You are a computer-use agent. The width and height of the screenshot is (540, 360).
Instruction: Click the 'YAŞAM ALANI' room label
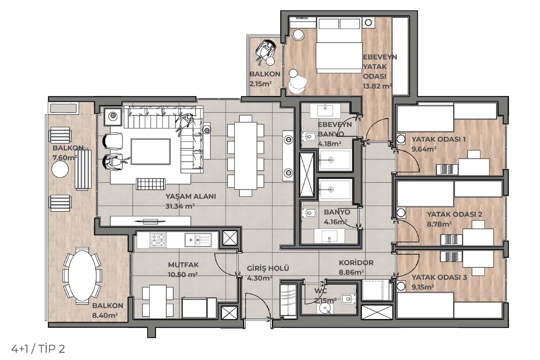[x=190, y=196]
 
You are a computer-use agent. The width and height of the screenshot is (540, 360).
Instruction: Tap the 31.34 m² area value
[x=180, y=206]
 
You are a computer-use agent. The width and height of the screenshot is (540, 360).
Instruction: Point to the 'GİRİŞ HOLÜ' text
[x=268, y=268]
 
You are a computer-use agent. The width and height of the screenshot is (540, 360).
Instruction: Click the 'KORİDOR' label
[x=356, y=262]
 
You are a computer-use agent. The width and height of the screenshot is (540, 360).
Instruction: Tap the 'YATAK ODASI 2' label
[x=454, y=214]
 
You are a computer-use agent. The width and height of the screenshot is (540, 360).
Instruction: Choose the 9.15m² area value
[x=423, y=287]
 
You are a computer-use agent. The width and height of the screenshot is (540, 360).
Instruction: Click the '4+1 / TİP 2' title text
[x=38, y=349]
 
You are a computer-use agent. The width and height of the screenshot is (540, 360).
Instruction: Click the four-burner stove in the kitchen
[x=158, y=240]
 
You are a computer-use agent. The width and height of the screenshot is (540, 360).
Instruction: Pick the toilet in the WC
[x=348, y=299]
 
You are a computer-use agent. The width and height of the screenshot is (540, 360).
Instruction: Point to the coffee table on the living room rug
[x=151, y=151]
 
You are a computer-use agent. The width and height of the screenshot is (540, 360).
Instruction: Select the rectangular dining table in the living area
[x=246, y=156]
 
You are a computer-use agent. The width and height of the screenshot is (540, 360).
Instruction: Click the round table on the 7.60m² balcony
[x=60, y=169]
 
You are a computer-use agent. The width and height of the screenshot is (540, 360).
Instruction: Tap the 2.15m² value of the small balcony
[x=261, y=84]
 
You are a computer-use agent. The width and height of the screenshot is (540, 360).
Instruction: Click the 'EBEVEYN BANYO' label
[x=334, y=129]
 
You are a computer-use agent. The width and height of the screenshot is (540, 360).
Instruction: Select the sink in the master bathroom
[x=325, y=111]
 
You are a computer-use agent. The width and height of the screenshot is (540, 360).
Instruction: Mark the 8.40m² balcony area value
[x=105, y=315]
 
